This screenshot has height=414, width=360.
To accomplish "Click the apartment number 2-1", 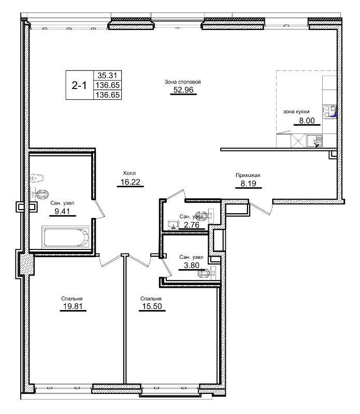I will click(79, 85).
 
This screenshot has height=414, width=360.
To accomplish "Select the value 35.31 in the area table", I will click(106, 75).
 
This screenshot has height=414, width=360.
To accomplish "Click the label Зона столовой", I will click(183, 82).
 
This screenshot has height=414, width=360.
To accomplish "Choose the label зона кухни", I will click(296, 112).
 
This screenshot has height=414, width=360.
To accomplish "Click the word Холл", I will click(129, 173).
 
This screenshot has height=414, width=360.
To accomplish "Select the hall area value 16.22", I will click(129, 182).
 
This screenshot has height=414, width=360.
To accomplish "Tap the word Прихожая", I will click(248, 175).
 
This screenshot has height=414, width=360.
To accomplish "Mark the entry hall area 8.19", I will click(248, 184).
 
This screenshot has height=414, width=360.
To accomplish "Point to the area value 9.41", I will click(62, 211).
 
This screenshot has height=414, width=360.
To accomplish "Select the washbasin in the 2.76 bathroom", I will click(173, 224).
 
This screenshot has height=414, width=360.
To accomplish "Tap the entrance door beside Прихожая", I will click(261, 208).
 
